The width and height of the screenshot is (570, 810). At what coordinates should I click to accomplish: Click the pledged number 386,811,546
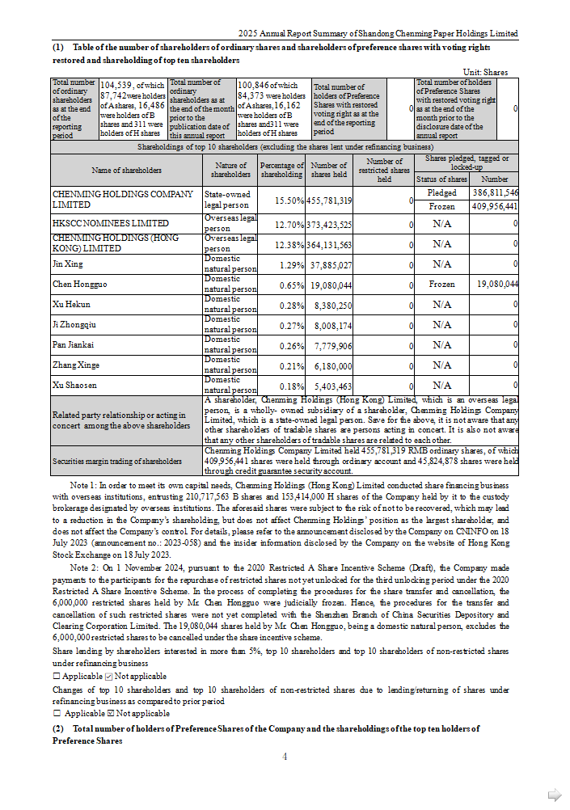[x=495, y=193]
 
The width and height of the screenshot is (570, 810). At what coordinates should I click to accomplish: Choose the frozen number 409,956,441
[x=495, y=208]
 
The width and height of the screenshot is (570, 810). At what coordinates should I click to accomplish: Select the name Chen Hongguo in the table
[x=79, y=285]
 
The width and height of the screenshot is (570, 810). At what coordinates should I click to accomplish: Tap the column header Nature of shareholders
[x=230, y=171]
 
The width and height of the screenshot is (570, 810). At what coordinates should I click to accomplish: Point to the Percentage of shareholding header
[x=281, y=171]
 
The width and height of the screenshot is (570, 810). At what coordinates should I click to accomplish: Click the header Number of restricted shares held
[x=384, y=171]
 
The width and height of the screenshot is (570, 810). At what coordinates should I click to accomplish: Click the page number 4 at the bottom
[x=285, y=757]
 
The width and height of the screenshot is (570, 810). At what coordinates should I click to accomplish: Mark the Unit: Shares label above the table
[x=486, y=72]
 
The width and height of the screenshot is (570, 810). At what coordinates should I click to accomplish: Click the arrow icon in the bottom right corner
[x=555, y=795]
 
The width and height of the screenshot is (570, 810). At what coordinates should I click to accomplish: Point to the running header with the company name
[x=378, y=34]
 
